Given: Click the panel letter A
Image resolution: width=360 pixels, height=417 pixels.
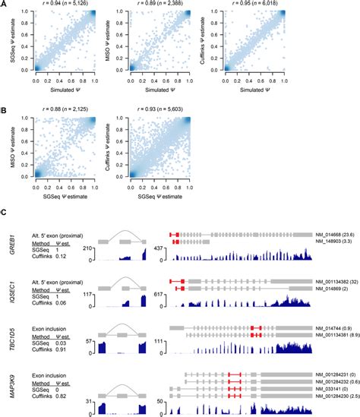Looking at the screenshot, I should tap(5, 4).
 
